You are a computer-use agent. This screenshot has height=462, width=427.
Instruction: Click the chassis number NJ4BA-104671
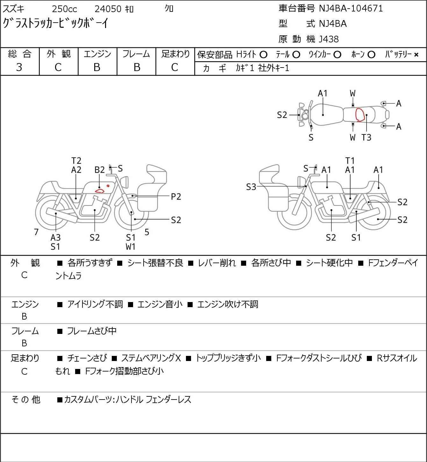pos(351,8)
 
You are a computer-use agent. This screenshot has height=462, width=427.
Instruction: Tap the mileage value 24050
pos(108,9)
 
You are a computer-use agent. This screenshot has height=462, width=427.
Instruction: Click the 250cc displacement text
pos(64,9)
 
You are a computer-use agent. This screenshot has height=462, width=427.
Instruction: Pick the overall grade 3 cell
pos(19,67)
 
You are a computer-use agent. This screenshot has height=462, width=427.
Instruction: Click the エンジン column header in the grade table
pos(97,54)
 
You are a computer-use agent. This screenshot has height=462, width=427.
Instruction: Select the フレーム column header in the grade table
pos(136,54)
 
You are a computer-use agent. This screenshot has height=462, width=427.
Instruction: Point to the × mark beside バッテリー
pos(416,55)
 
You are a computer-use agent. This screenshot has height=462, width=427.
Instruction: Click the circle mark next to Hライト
pos(263,55)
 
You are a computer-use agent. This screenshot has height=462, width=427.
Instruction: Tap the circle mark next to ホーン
pos(371,55)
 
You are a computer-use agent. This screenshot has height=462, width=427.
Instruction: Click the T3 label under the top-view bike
pos(366,137)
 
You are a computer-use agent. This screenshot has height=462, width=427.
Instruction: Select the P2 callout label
pos(176,197)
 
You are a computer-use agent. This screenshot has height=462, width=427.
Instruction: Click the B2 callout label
pos(99,170)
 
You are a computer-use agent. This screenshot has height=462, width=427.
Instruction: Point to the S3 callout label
pos(251,187)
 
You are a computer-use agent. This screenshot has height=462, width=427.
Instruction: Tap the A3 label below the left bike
pos(55,237)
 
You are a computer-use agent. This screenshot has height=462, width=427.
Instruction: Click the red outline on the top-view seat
pos(360,115)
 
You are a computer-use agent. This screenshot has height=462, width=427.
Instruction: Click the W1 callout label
pos(131,247)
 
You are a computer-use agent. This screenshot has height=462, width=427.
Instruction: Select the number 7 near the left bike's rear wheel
pos(36,232)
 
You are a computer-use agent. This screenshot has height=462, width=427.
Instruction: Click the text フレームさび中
pos(92,331)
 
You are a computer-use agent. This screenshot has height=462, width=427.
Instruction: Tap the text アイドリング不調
pos(95,304)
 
